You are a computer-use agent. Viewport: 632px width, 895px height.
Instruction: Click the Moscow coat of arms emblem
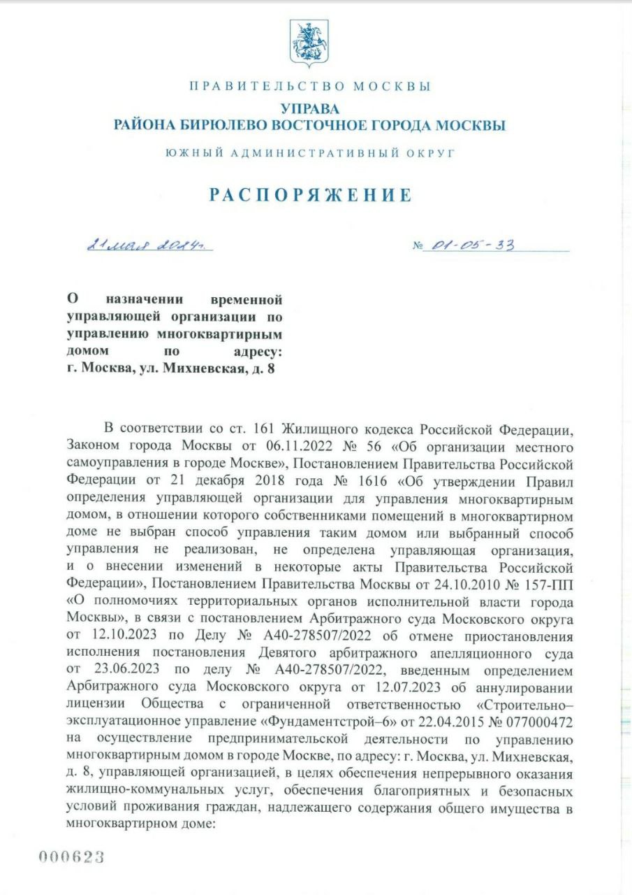click(309, 43)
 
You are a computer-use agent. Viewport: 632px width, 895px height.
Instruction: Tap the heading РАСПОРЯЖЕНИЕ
click(311, 194)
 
